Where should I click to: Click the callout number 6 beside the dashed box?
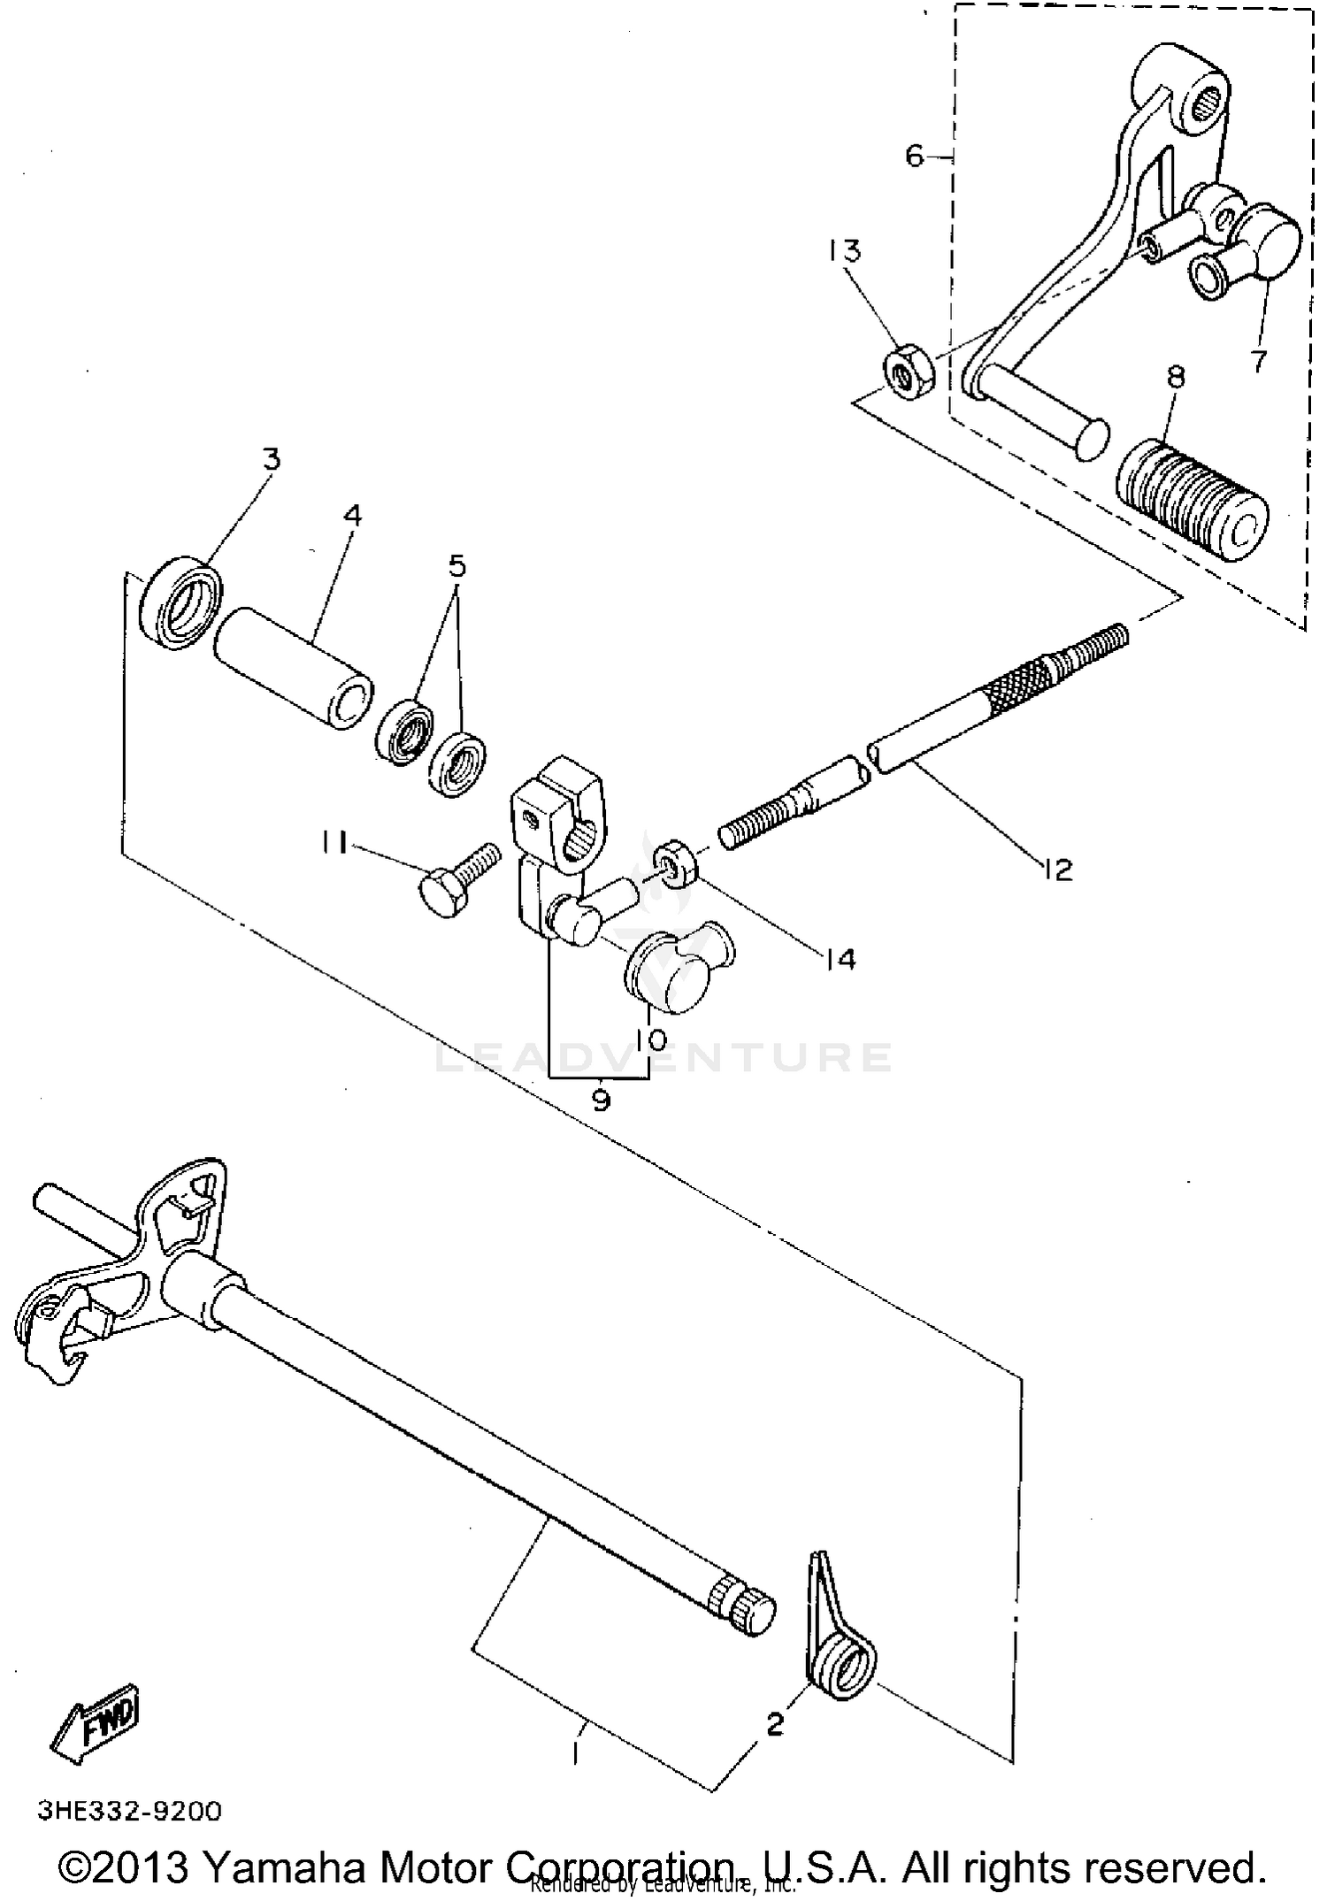click(914, 157)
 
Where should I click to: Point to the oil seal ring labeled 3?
click(182, 602)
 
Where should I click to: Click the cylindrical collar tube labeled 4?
click(292, 668)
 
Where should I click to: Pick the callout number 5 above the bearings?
click(456, 565)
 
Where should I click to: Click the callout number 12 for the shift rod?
click(1057, 870)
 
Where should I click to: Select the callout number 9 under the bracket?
click(601, 1100)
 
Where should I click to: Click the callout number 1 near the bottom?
click(576, 1752)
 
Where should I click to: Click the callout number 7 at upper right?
click(1258, 361)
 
